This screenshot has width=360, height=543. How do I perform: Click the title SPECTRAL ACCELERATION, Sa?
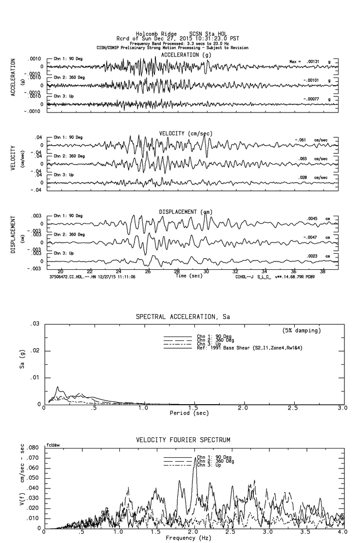[183, 317]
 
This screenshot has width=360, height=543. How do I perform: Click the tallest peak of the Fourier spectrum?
[195, 458]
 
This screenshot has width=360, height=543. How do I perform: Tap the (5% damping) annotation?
[301, 331]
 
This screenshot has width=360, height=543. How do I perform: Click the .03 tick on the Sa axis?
[35, 324]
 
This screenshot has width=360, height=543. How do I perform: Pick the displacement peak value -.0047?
[314, 237]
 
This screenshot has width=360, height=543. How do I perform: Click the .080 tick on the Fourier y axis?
[33, 448]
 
